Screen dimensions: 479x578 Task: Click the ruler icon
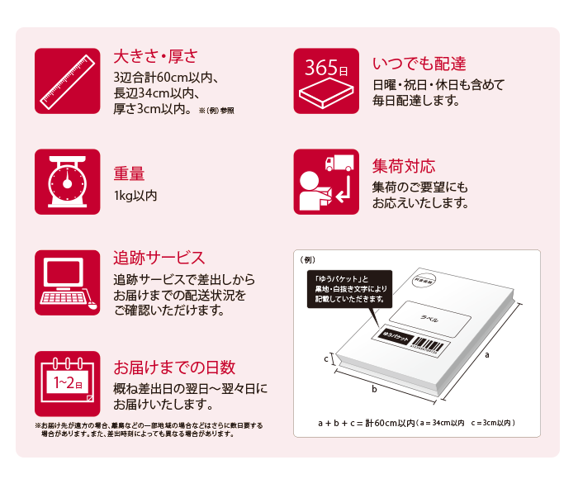(x=67, y=79)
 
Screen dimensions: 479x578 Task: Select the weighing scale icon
(x=67, y=181)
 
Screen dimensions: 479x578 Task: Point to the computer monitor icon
(x=67, y=282)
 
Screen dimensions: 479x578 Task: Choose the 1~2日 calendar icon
(x=67, y=382)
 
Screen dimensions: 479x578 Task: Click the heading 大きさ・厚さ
(x=155, y=57)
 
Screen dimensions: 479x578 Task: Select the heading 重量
(x=129, y=173)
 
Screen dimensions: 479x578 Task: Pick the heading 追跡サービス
(x=159, y=258)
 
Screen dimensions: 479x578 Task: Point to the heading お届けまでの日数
(x=174, y=367)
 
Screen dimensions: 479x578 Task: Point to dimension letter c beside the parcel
(x=326, y=359)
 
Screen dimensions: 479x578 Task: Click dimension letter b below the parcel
(x=374, y=387)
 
